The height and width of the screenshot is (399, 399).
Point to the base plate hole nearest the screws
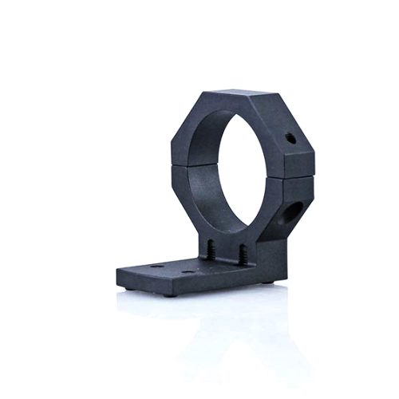187,273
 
